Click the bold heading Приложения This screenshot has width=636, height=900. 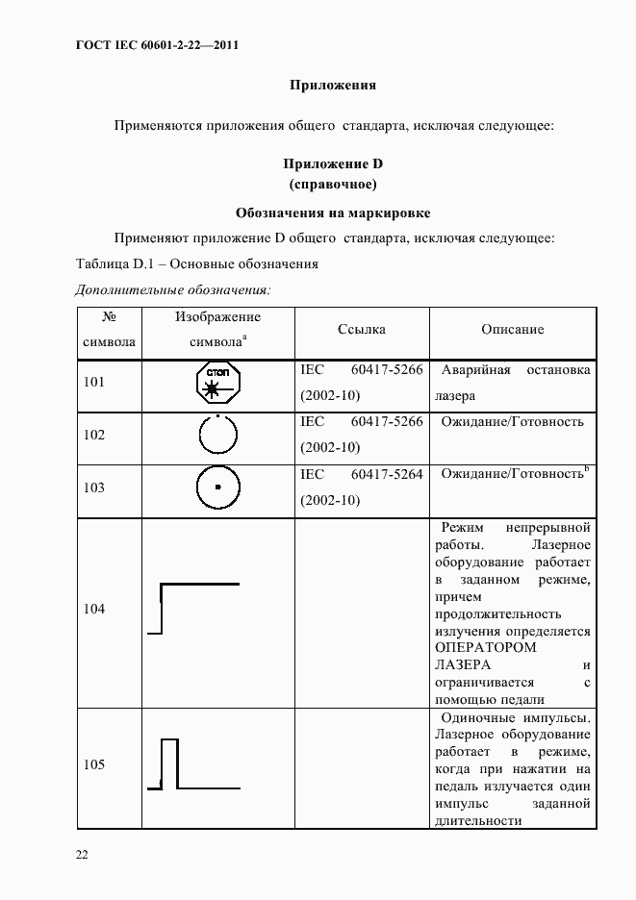pyautogui.click(x=332, y=85)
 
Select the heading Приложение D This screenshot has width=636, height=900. pyautogui.click(x=332, y=164)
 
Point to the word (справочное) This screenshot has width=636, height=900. pyautogui.click(x=332, y=184)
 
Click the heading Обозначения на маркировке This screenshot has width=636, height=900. pyautogui.click(x=332, y=212)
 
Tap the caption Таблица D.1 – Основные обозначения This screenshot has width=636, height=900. pyautogui.click(x=196, y=263)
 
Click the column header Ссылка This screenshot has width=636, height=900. pyautogui.click(x=362, y=330)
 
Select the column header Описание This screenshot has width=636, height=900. pyautogui.click(x=512, y=330)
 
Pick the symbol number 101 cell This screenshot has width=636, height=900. pyautogui.click(x=94, y=383)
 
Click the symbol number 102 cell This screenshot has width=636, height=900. pyautogui.click(x=94, y=435)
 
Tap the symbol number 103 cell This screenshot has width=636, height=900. pyautogui.click(x=94, y=487)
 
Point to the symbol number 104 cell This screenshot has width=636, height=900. pyautogui.click(x=94, y=610)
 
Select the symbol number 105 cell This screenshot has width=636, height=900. pyautogui.click(x=94, y=765)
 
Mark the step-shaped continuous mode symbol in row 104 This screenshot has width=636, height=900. pyautogui.click(x=192, y=608)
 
